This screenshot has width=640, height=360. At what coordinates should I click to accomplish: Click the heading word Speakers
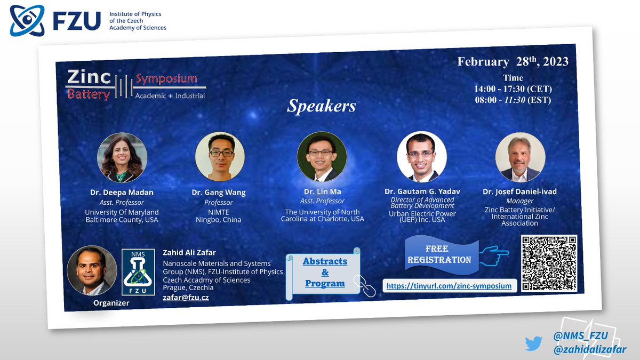(x=322, y=106)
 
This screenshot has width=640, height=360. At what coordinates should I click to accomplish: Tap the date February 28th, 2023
(x=512, y=61)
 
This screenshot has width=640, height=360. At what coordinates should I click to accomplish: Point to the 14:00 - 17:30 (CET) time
(x=513, y=89)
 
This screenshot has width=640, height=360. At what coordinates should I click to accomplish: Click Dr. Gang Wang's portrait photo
(x=220, y=156)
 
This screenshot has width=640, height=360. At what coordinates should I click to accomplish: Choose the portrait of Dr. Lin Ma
(x=322, y=156)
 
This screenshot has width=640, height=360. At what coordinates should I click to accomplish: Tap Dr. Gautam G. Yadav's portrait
(x=421, y=156)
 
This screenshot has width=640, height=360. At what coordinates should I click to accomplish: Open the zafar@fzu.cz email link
(x=185, y=298)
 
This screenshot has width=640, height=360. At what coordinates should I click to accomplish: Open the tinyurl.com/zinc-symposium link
(x=449, y=286)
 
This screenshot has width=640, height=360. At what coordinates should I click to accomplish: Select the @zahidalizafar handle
(x=590, y=349)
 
